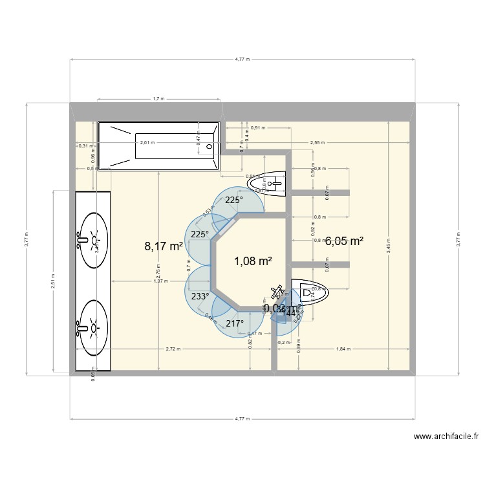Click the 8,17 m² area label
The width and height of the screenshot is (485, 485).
164,246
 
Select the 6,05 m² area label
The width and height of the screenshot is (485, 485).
343,241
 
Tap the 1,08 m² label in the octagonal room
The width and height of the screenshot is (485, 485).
252,261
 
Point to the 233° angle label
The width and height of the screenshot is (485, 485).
200,297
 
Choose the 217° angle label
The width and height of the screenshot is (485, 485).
234,323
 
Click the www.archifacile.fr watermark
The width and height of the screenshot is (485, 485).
446,436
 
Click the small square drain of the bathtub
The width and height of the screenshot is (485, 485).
209,147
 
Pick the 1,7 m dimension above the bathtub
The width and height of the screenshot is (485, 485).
158,99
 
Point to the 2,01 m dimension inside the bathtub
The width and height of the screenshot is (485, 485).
147,142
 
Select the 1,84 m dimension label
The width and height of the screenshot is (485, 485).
343,349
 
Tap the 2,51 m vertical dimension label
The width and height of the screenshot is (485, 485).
53,281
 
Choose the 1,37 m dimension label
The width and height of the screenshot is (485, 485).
160,281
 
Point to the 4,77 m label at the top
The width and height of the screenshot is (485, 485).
242,59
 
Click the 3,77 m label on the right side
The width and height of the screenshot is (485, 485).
457,239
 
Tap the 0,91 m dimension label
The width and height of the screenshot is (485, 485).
259,127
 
